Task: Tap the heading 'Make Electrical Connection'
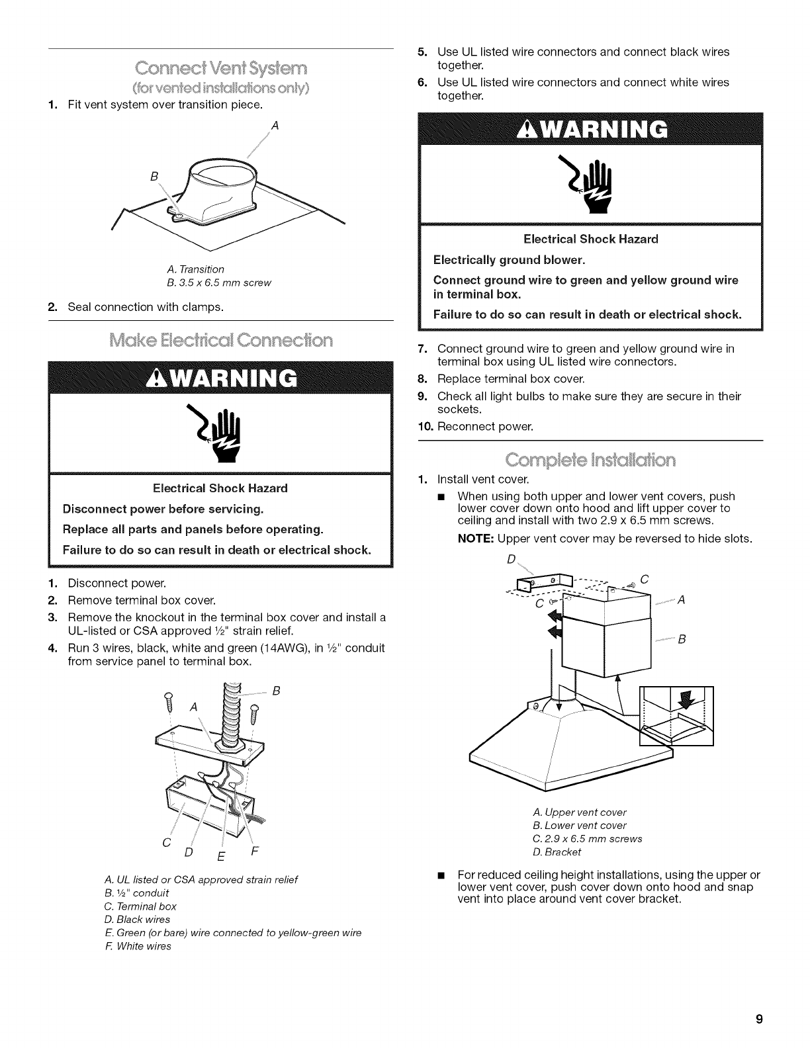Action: tap(221, 341)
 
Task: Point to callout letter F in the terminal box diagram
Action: tap(255, 850)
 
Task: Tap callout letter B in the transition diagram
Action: tap(154, 176)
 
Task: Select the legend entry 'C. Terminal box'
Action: tap(140, 906)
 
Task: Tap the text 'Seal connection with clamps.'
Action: tap(146, 307)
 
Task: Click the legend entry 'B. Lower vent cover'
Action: tap(579, 825)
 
